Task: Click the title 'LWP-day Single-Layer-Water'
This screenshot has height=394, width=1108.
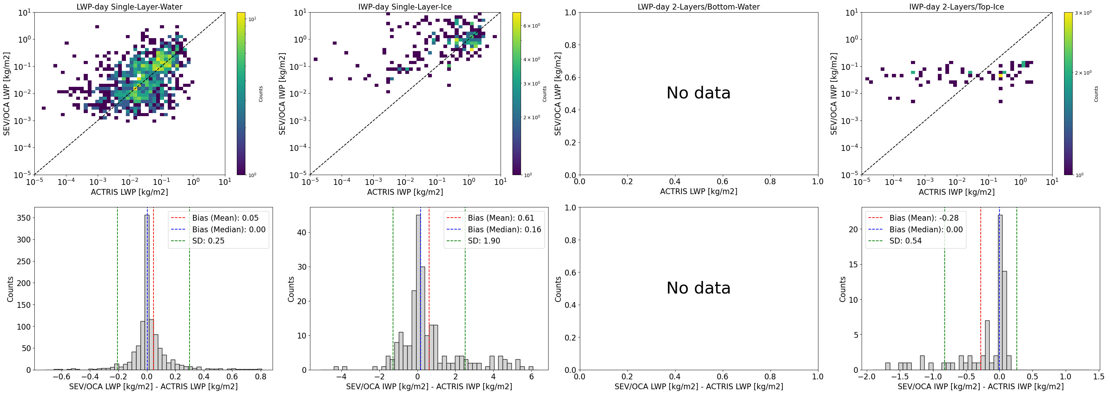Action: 129,6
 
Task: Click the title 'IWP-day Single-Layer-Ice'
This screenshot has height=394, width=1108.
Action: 405,6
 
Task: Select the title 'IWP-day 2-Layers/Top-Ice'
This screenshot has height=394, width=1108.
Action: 956,6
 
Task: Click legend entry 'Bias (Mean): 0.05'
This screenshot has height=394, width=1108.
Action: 225,218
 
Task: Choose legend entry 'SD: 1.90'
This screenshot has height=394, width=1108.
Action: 484,241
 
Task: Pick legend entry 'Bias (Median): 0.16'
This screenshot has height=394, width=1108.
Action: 504,230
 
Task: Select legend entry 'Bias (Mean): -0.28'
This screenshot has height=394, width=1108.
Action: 924,218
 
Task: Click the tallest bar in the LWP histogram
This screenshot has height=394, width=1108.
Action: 147,293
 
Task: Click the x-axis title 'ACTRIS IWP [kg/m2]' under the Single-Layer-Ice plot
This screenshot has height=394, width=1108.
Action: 405,192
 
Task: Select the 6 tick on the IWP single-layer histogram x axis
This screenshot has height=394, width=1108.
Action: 531,377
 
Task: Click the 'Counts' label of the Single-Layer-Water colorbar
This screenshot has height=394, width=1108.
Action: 261,94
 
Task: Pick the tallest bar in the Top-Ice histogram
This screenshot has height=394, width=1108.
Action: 1000,293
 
